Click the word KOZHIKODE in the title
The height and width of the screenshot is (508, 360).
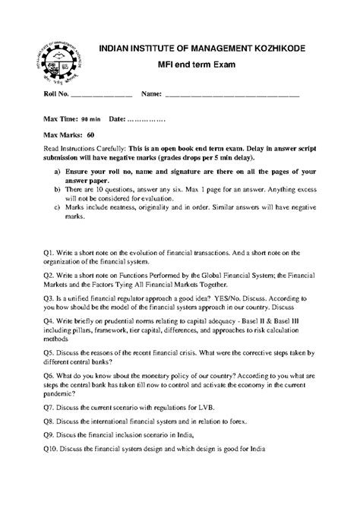[283, 48]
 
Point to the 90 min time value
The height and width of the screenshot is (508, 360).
[91, 119]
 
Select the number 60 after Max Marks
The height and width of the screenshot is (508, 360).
[90, 134]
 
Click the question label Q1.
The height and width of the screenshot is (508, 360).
[49, 252]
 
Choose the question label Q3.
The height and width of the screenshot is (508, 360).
[49, 300]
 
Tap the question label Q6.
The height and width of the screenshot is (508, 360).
[49, 375]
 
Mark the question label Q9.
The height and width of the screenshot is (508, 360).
[49, 435]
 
